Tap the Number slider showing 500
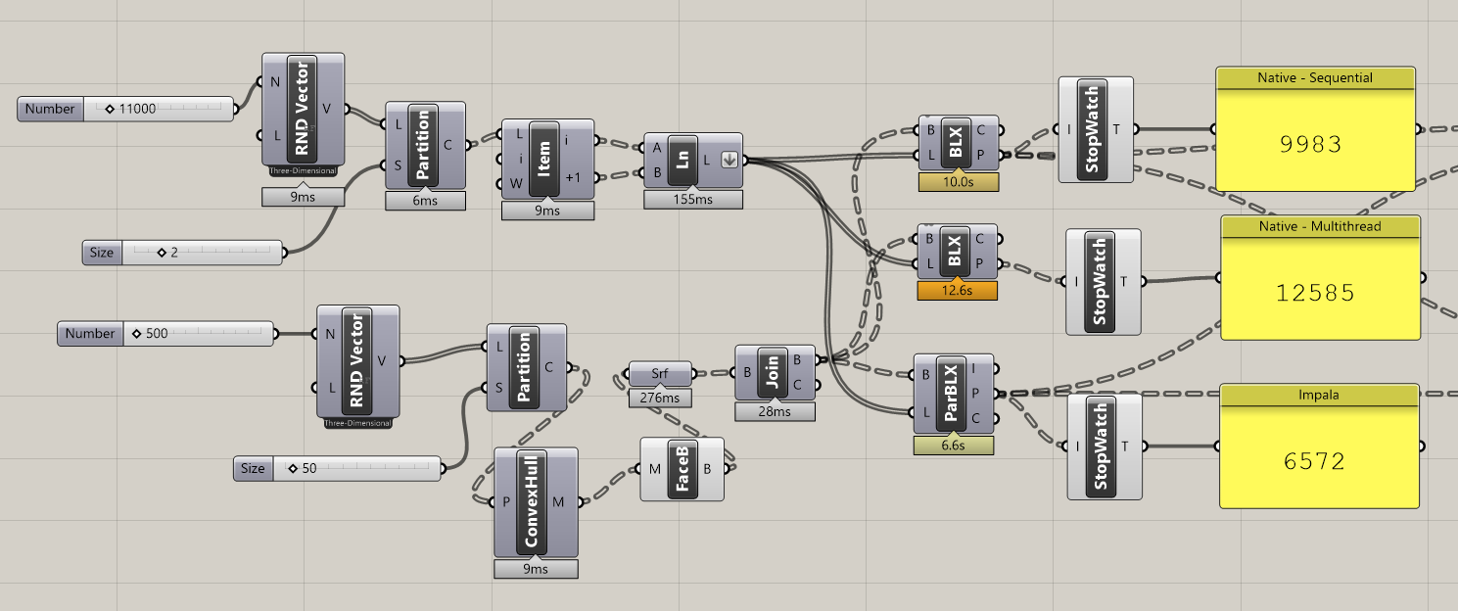[200, 334]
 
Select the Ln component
[682, 160]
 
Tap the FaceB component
[682, 469]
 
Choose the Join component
[772, 372]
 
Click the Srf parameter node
[659, 373]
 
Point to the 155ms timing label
[692, 200]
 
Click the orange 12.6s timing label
[957, 291]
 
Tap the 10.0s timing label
[958, 182]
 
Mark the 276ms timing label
[659, 398]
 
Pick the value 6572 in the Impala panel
[1318, 461]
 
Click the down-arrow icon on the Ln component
[729, 160]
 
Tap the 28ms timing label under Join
[774, 412]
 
